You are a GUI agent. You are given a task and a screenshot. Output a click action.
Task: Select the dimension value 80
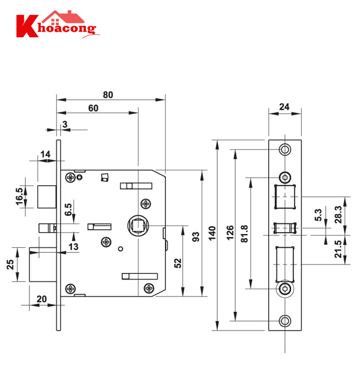(x=108, y=95)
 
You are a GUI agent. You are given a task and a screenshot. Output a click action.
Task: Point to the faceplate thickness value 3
(x=64, y=124)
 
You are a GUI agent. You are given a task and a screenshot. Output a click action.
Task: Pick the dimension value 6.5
(x=68, y=209)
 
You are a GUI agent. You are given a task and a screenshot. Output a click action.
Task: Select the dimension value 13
(x=73, y=247)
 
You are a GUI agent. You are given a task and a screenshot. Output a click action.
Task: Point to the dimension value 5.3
(x=319, y=213)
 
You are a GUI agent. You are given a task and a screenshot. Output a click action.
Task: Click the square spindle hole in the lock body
(x=137, y=225)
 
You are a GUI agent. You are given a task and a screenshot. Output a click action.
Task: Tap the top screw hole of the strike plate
(x=284, y=148)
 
